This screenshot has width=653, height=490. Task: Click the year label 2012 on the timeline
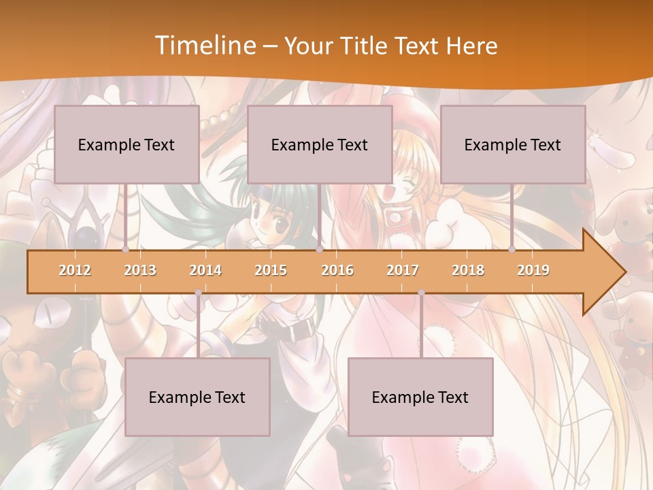point(75,270)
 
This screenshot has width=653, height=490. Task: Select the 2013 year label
point(140,270)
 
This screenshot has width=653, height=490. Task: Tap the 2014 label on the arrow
point(205,270)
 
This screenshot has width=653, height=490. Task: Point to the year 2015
point(271,270)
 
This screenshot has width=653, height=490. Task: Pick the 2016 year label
point(337,270)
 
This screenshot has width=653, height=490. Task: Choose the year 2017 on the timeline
point(403,270)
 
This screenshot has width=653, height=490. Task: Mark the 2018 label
point(468,270)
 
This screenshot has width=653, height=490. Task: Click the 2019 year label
point(533,270)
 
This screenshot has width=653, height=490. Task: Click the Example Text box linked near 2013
point(127,144)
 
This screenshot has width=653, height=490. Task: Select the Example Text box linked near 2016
point(320,144)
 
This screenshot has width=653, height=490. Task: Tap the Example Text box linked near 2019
point(513,144)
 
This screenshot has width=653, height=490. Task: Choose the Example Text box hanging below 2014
point(197,397)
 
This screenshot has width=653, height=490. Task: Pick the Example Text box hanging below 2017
point(420,397)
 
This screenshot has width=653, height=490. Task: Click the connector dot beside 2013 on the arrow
point(126,250)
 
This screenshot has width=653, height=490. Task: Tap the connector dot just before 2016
point(319,250)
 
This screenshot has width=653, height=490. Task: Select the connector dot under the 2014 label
point(198,293)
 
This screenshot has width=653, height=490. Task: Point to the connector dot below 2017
point(421,293)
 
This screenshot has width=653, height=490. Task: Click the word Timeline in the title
point(204,46)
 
